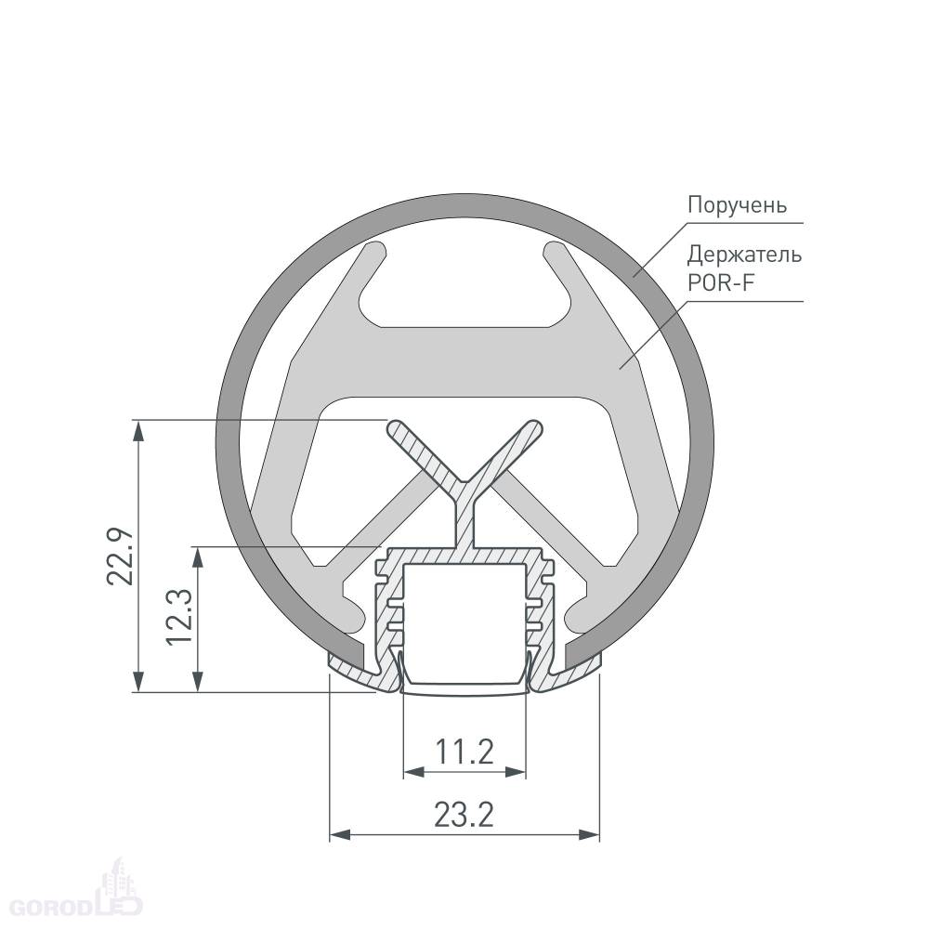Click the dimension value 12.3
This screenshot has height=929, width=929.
tap(180, 617)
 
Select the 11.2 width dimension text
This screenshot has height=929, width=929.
tap(464, 752)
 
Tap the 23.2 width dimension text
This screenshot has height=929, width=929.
tap(464, 815)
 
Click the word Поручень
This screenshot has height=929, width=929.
tap(737, 205)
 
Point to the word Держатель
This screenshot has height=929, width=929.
tap(744, 255)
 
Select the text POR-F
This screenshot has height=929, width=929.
tap(721, 282)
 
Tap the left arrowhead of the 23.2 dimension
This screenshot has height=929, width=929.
tap(340, 835)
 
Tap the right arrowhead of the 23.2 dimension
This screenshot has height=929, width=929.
tap(588, 835)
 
